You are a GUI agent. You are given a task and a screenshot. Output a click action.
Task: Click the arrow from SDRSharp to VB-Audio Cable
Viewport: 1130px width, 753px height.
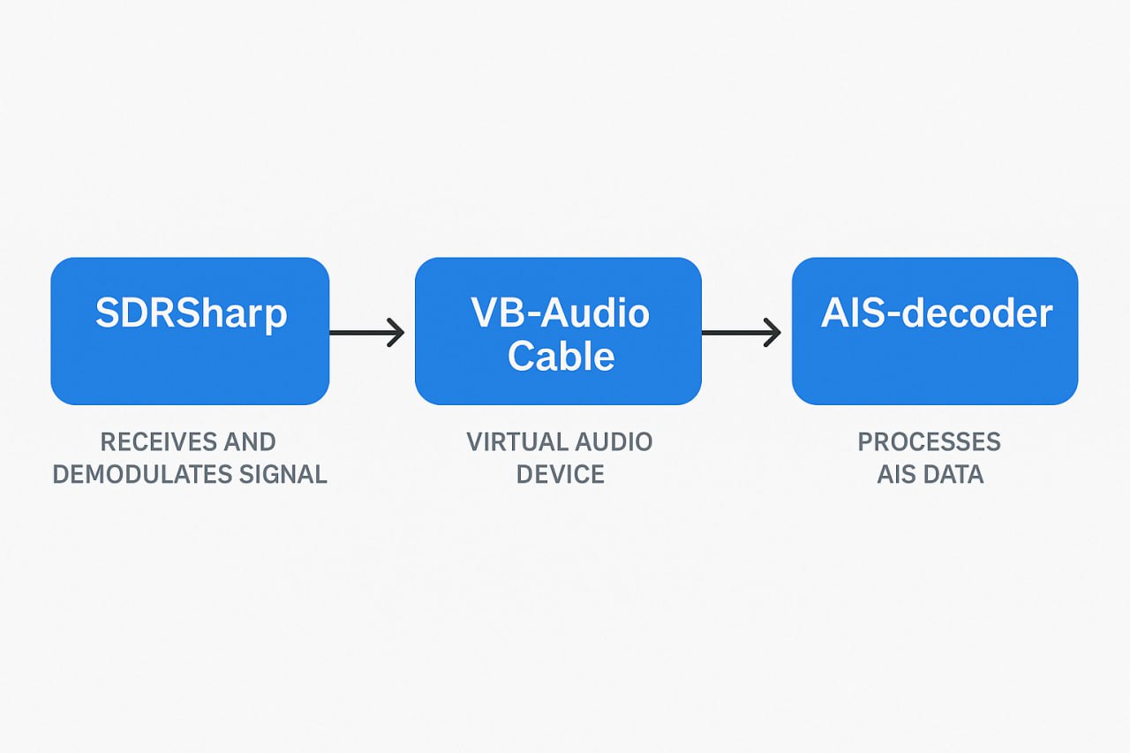365,333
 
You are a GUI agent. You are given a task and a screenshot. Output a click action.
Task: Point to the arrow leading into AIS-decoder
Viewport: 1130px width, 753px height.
741,333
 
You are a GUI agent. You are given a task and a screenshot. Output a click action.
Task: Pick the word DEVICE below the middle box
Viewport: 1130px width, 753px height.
560,475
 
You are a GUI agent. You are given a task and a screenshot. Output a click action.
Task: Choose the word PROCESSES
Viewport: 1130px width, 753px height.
930,441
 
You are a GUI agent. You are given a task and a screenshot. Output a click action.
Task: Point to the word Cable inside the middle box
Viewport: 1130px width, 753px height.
561,356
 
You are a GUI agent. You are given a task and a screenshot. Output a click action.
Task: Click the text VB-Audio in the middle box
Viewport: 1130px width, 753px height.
560,313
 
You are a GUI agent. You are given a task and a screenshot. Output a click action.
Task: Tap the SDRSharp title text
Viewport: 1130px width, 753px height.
191,313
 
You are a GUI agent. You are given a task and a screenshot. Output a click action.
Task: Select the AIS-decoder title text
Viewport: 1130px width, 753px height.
936,313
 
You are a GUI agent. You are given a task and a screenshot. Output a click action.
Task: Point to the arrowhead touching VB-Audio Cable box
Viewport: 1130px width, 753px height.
397,333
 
